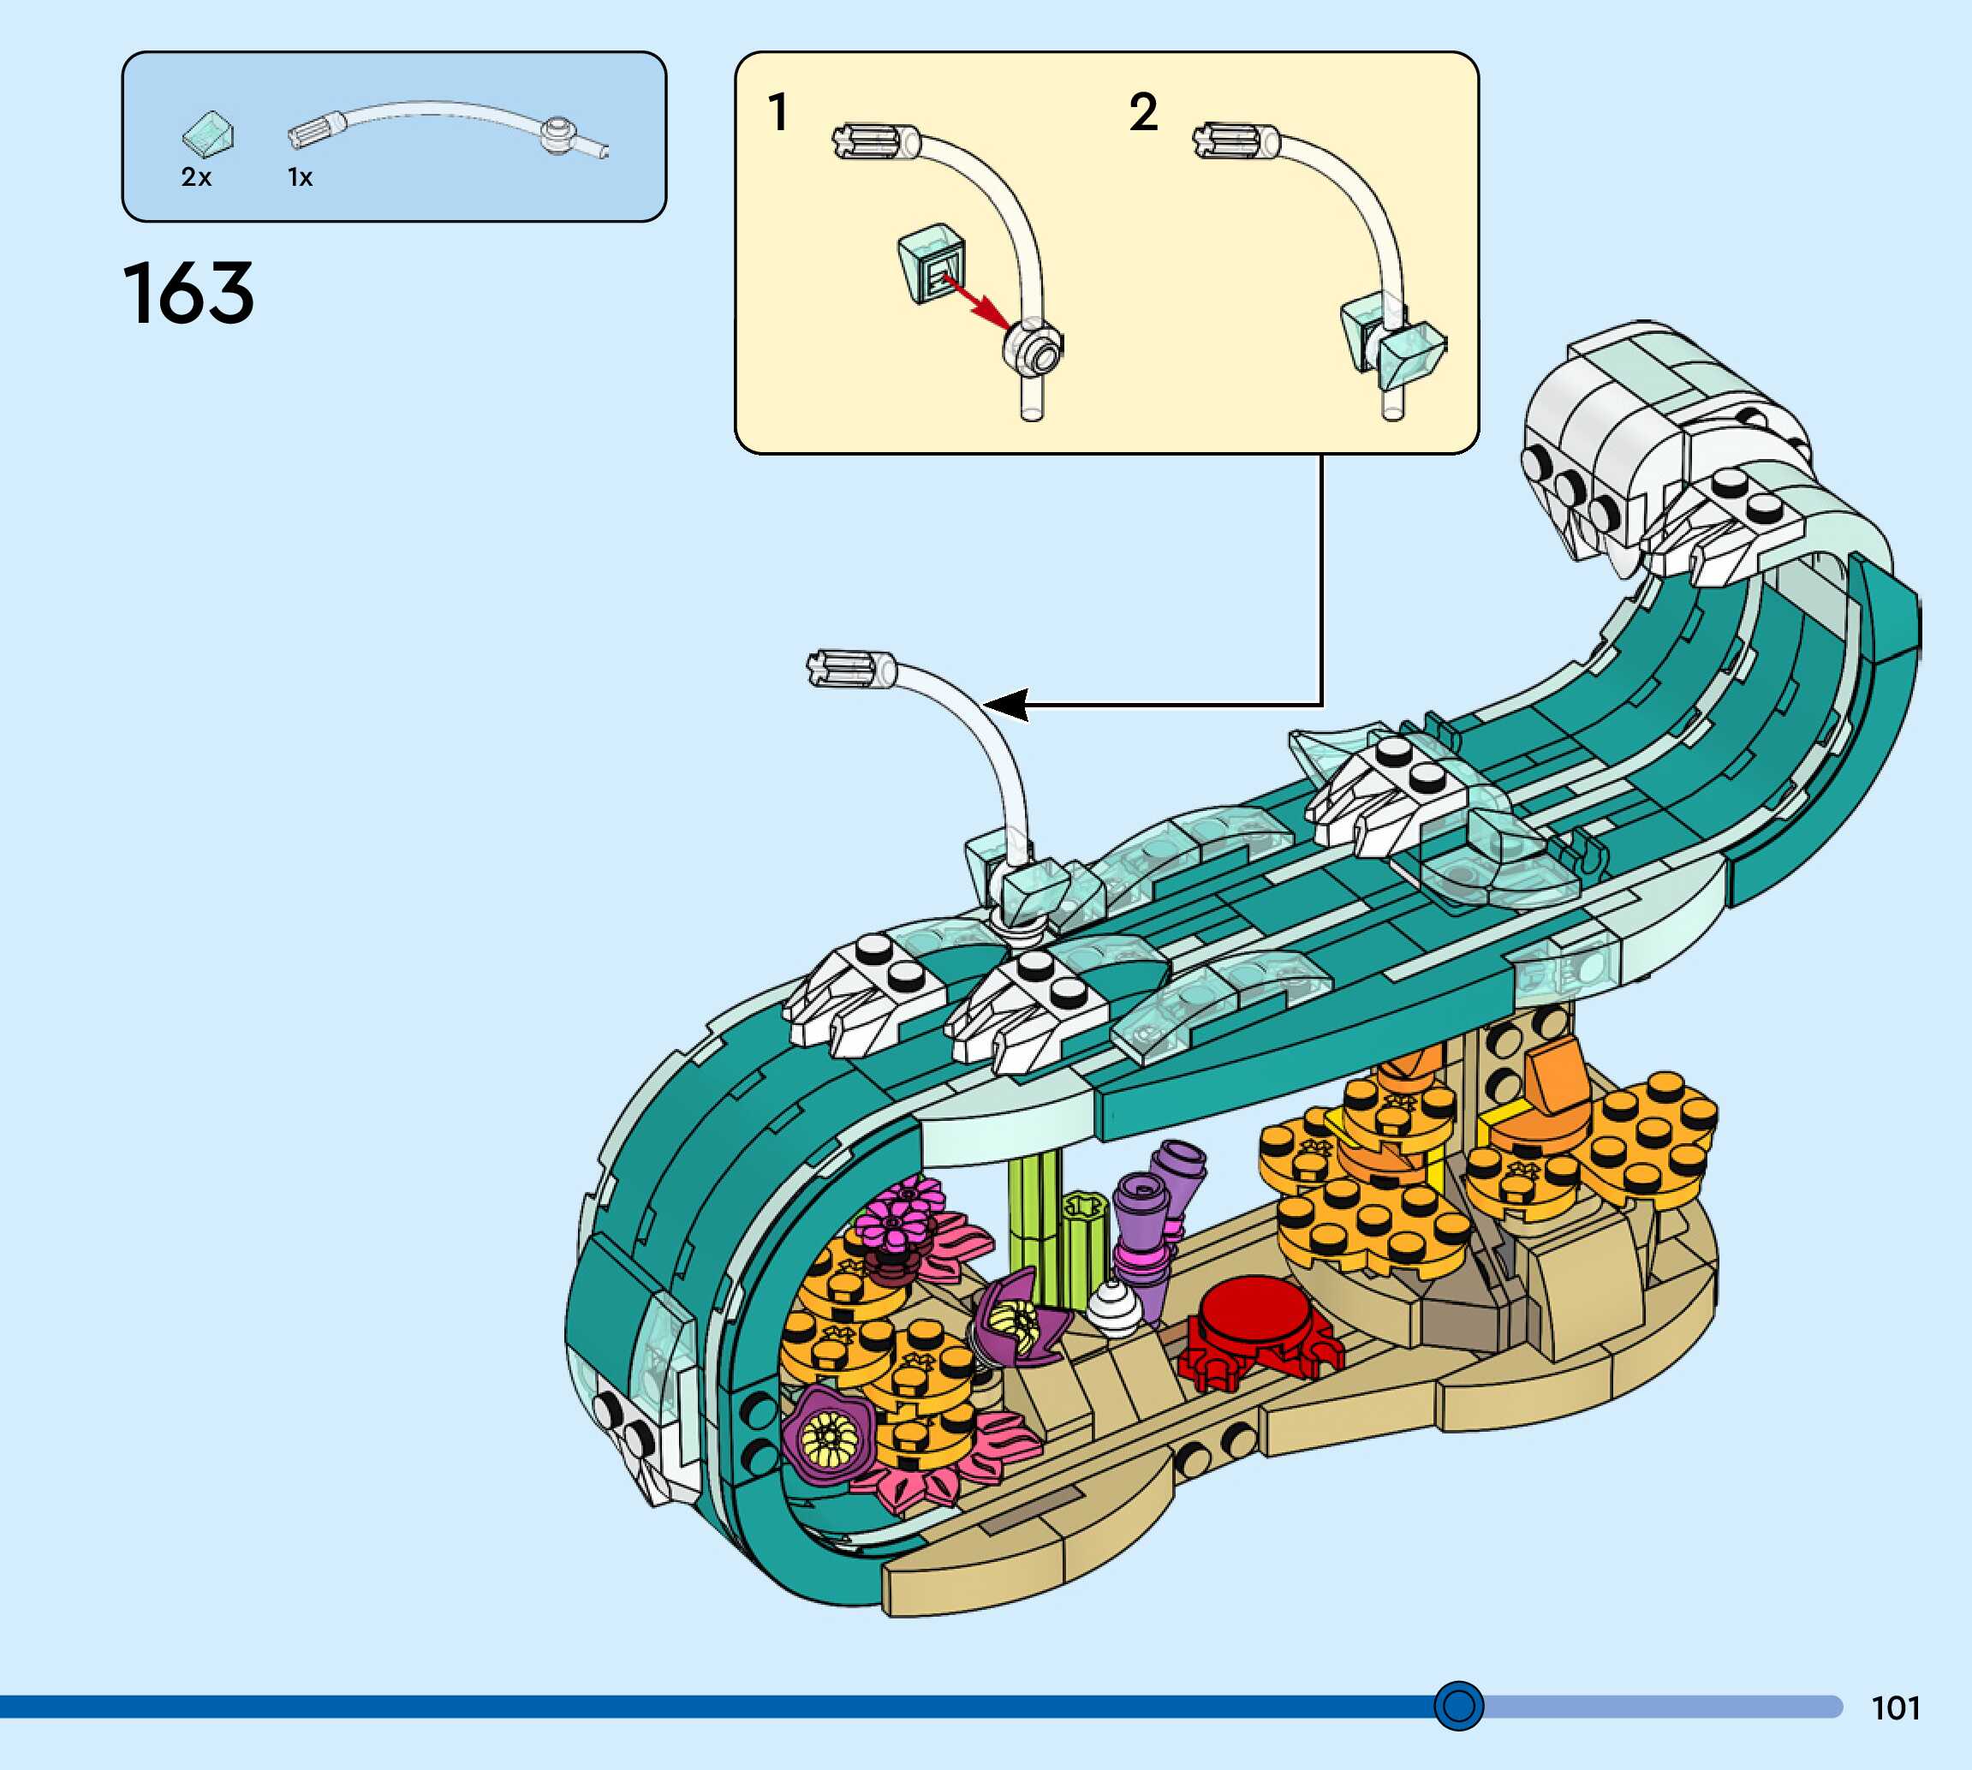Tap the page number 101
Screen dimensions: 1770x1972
(x=1895, y=1707)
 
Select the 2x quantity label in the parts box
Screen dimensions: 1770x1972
(x=195, y=177)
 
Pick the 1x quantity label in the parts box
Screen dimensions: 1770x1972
(x=300, y=177)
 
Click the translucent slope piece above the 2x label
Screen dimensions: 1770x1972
(x=209, y=134)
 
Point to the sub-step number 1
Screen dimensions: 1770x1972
(x=777, y=112)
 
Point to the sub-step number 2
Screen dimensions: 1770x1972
(x=1142, y=112)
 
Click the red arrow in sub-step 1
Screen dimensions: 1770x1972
(x=976, y=302)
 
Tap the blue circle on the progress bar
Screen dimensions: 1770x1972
(x=1458, y=1705)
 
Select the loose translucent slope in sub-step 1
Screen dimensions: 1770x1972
(x=932, y=263)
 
